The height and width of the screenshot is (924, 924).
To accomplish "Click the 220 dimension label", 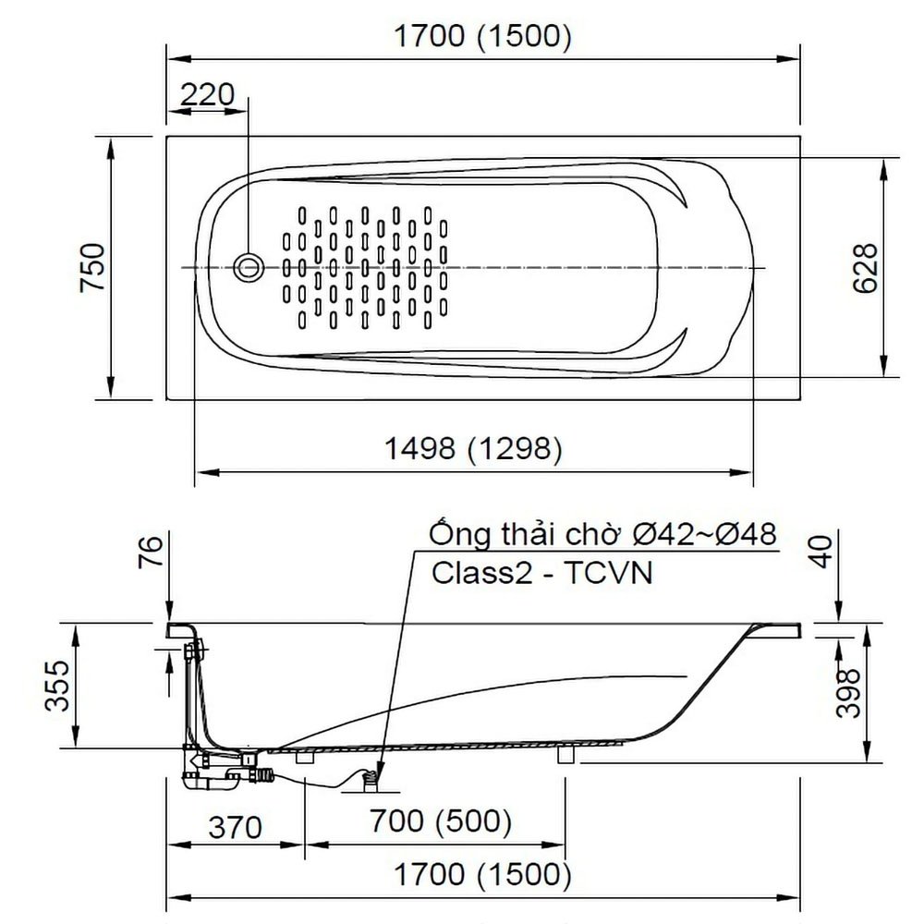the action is tap(207, 94).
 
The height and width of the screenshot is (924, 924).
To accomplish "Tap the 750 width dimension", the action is tap(93, 267).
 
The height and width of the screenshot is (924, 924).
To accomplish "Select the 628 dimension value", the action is tap(865, 268).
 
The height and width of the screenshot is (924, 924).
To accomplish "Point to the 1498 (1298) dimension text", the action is tap(473, 448).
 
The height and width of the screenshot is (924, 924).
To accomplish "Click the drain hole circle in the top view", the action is tap(248, 268).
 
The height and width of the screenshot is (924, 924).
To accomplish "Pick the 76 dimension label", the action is tap(151, 552).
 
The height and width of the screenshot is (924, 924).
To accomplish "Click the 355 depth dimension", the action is tap(57, 686).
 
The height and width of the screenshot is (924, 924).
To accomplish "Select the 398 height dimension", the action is tap(848, 693).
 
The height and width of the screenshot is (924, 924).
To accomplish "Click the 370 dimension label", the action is tap(235, 827).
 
